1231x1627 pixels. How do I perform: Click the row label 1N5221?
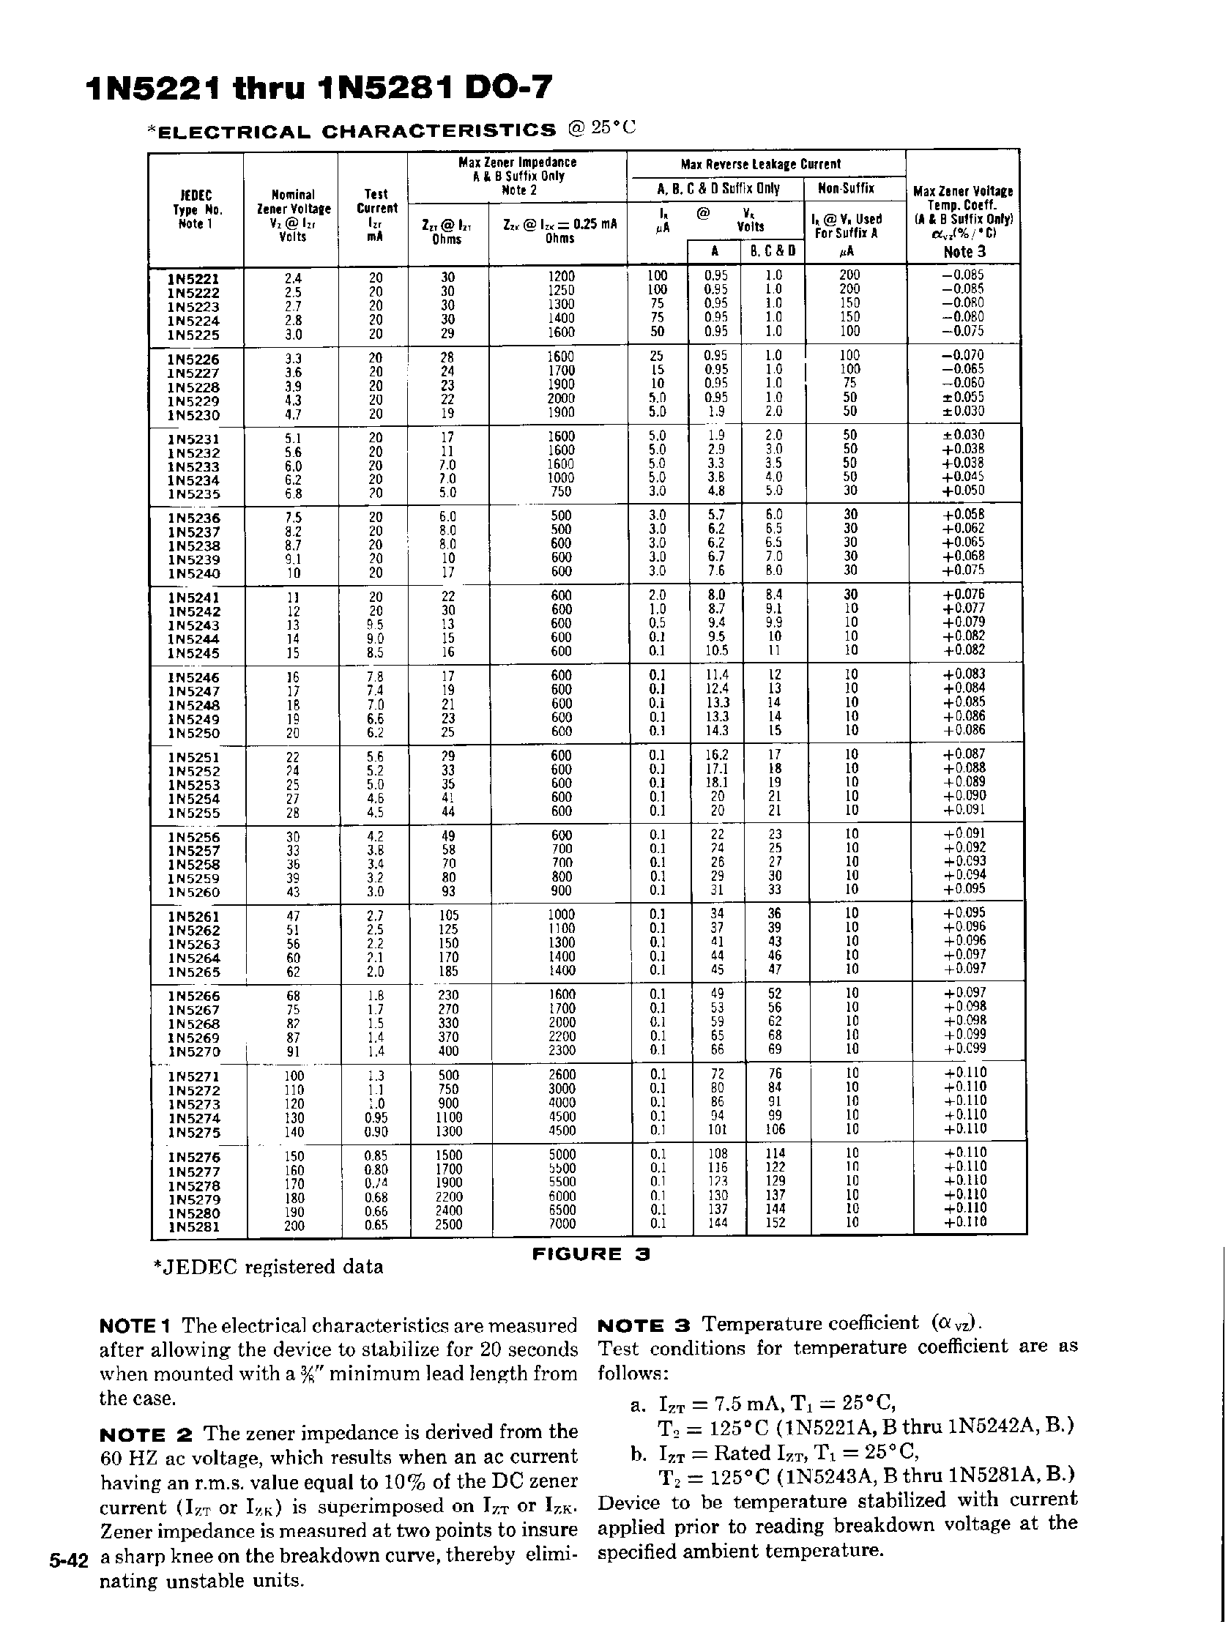193,279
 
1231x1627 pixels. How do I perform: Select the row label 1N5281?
194,1226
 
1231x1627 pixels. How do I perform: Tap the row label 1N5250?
194,734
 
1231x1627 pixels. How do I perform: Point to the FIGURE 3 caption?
592,1255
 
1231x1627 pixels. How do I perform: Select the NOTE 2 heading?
146,1434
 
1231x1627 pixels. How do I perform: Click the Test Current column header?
376,208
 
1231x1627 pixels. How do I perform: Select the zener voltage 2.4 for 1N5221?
293,279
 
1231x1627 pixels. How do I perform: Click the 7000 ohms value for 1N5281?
562,1224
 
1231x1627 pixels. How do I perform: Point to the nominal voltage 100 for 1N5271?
293,1076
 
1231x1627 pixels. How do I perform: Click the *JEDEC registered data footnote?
268,1267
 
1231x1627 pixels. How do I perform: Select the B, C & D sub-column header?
773,251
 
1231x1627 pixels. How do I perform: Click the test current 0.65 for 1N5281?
376,1226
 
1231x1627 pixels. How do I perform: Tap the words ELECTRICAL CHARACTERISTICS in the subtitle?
357,132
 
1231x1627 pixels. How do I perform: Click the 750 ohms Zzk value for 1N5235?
562,492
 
